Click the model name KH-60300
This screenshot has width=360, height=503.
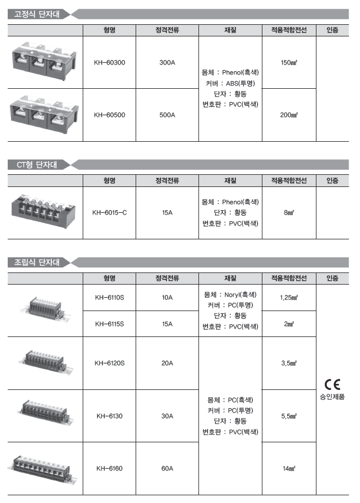[109, 62]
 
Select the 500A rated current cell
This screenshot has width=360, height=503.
[167, 115]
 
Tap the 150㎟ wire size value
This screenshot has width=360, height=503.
[289, 62]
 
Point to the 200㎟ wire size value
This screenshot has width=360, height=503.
[289, 115]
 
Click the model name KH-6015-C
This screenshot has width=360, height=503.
[109, 212]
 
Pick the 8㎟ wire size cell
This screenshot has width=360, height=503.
[289, 212]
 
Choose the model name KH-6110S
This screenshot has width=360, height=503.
[109, 298]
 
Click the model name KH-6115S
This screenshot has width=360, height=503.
[109, 324]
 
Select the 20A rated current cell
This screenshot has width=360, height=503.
[167, 363]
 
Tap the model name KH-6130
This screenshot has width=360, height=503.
[109, 416]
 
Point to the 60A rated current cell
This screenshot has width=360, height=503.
[167, 469]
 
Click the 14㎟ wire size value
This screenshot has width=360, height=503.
[289, 469]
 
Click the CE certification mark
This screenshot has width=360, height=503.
[332, 384]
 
